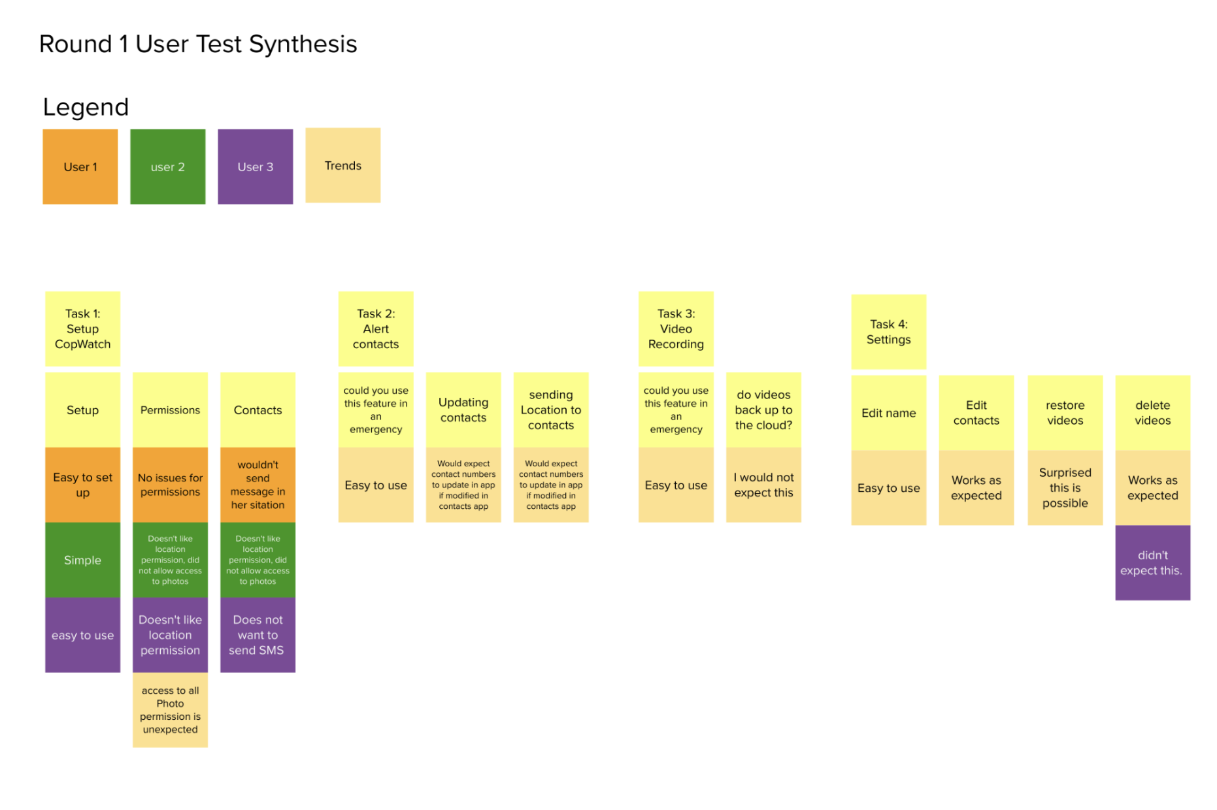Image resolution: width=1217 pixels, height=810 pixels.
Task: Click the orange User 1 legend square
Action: (x=80, y=167)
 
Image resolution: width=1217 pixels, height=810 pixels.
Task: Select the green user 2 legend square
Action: (x=167, y=167)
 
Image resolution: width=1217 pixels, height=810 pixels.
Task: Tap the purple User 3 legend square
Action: (x=255, y=167)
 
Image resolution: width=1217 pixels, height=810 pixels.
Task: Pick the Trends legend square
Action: (x=342, y=165)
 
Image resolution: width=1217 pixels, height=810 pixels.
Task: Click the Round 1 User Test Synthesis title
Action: (x=198, y=44)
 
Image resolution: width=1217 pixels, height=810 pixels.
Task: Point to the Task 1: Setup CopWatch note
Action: (x=82, y=329)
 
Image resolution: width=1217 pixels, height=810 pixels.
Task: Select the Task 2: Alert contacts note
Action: (x=375, y=329)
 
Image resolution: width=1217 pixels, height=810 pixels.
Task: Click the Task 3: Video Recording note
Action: (x=676, y=329)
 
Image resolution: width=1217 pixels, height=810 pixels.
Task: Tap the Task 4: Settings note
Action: (x=888, y=332)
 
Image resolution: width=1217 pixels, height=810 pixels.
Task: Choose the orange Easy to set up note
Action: (x=82, y=485)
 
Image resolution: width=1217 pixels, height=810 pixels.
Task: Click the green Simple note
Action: (x=82, y=560)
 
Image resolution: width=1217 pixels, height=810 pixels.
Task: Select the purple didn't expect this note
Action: (x=1152, y=562)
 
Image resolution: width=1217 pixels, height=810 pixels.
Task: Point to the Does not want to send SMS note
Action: (x=258, y=635)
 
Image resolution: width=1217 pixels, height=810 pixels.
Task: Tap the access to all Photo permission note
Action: (x=170, y=710)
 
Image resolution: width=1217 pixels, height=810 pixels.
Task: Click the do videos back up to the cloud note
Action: (x=763, y=410)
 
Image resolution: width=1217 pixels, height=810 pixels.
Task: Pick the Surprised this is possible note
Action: (x=1065, y=487)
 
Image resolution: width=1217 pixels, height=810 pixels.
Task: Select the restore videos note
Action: (x=1065, y=413)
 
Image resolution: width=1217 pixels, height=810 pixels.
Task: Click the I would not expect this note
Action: (x=763, y=485)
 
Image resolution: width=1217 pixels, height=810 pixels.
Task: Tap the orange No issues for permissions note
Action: (x=170, y=485)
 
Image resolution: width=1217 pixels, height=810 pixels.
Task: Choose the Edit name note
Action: (x=888, y=413)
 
